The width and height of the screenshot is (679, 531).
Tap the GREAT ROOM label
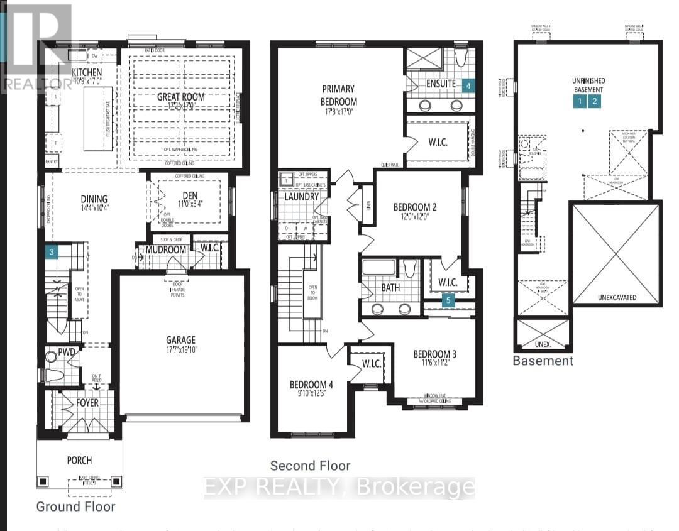click(x=180, y=97)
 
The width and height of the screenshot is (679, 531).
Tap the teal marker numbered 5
click(x=448, y=300)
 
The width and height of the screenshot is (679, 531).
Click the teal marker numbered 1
click(x=579, y=101)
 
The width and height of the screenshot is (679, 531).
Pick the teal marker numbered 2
click(x=595, y=101)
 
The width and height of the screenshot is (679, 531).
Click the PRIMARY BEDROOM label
click(x=339, y=95)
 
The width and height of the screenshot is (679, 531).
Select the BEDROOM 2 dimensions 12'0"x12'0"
click(x=415, y=217)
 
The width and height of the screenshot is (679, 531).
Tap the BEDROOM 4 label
click(x=312, y=385)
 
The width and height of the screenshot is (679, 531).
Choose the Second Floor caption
click(x=310, y=466)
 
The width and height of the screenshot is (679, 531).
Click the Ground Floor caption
click(x=75, y=506)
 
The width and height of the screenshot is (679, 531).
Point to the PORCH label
click(x=79, y=460)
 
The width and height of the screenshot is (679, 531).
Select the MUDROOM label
click(x=166, y=249)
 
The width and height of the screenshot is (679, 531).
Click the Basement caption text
click(x=543, y=361)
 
